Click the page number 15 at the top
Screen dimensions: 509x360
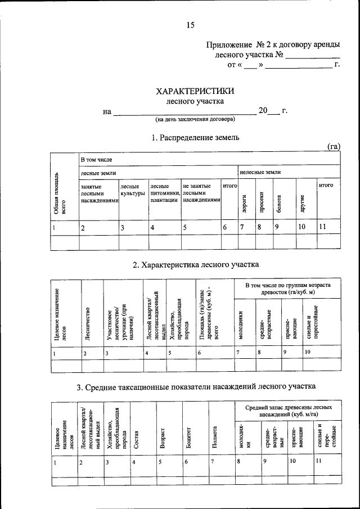click(x=190, y=24)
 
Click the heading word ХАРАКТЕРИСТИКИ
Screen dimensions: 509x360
click(x=195, y=91)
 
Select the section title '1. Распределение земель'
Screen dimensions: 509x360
click(x=195, y=137)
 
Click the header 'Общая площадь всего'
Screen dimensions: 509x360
click(x=60, y=195)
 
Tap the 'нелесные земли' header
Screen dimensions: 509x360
click(x=260, y=172)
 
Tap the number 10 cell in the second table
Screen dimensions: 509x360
click(x=308, y=352)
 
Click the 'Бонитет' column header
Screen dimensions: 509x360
click(x=190, y=437)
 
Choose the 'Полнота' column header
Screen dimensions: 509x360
click(x=215, y=437)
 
